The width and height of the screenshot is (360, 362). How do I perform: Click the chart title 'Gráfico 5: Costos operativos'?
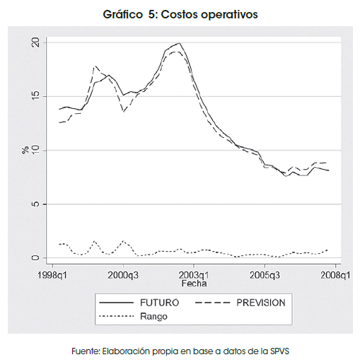tap(180, 15)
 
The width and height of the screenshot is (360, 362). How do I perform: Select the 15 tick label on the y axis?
tap(35, 96)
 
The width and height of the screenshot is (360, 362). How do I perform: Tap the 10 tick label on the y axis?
tap(35, 150)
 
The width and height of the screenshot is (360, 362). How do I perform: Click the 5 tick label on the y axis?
tap(35, 204)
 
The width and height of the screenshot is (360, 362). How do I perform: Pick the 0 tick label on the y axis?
tap(35, 257)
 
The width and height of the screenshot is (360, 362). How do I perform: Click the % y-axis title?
tap(25, 150)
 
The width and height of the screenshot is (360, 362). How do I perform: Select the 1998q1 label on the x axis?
tap(52, 275)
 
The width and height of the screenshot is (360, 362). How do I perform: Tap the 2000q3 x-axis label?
tap(123, 275)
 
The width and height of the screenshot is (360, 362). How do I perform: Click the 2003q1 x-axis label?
tap(194, 275)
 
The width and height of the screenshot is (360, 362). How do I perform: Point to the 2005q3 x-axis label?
tap(265, 275)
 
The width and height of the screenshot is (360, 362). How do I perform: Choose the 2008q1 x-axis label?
tap(335, 275)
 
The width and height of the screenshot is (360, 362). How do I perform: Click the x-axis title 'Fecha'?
tap(194, 284)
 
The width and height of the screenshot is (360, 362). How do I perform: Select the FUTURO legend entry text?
tap(160, 303)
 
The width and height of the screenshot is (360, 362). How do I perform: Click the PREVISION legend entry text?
tap(261, 303)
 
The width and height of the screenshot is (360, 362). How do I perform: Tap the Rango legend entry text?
tap(153, 317)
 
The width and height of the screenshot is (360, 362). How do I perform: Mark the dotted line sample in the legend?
tap(117, 316)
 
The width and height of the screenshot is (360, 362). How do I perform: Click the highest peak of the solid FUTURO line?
tap(180, 43)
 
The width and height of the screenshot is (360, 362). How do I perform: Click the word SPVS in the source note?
tap(280, 351)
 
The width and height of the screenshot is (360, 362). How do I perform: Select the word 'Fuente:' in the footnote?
tap(86, 351)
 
